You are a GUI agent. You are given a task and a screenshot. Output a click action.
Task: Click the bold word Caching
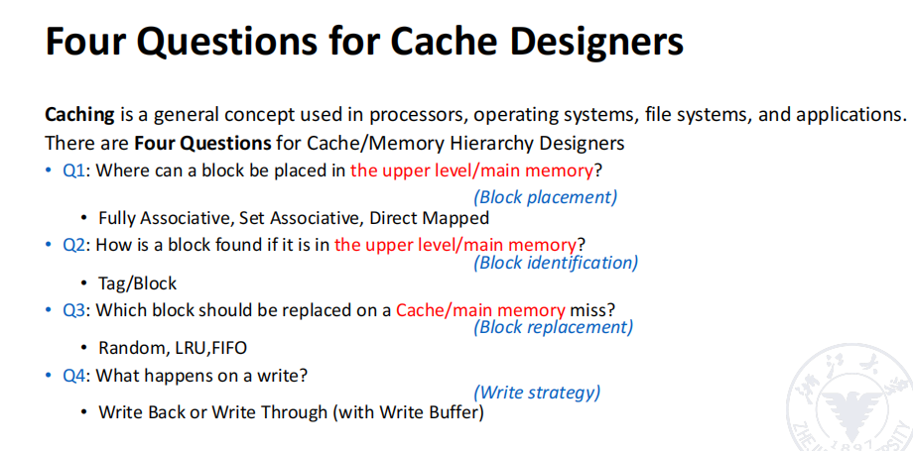click(79, 115)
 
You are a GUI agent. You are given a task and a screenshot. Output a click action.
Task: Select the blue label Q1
click(74, 171)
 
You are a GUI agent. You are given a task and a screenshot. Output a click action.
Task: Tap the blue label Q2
click(74, 245)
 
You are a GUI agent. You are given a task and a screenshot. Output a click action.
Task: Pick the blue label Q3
click(74, 309)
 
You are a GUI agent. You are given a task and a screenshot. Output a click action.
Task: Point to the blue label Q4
click(74, 376)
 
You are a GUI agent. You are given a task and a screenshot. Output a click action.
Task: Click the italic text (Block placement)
click(546, 197)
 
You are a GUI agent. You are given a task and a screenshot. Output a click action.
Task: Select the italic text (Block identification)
click(556, 263)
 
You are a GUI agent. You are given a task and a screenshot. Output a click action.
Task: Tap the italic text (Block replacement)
click(553, 327)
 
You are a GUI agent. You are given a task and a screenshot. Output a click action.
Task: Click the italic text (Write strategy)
click(537, 393)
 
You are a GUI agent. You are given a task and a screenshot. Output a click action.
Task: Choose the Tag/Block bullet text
click(137, 283)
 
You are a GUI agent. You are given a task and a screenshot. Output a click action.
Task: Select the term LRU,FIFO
click(206, 348)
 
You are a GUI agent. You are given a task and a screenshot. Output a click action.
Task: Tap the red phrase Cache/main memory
click(480, 309)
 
